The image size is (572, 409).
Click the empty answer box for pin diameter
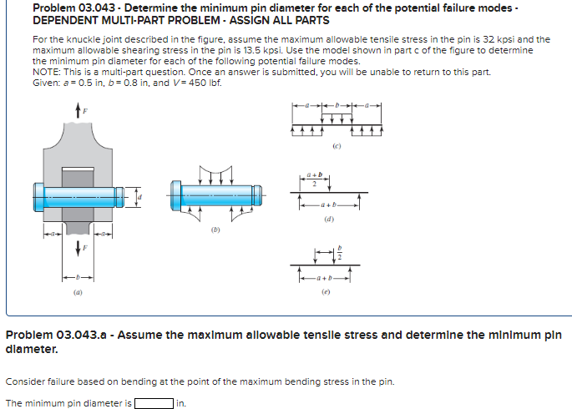click(154, 403)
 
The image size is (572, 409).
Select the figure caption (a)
click(78, 292)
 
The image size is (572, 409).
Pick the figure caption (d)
click(331, 221)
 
